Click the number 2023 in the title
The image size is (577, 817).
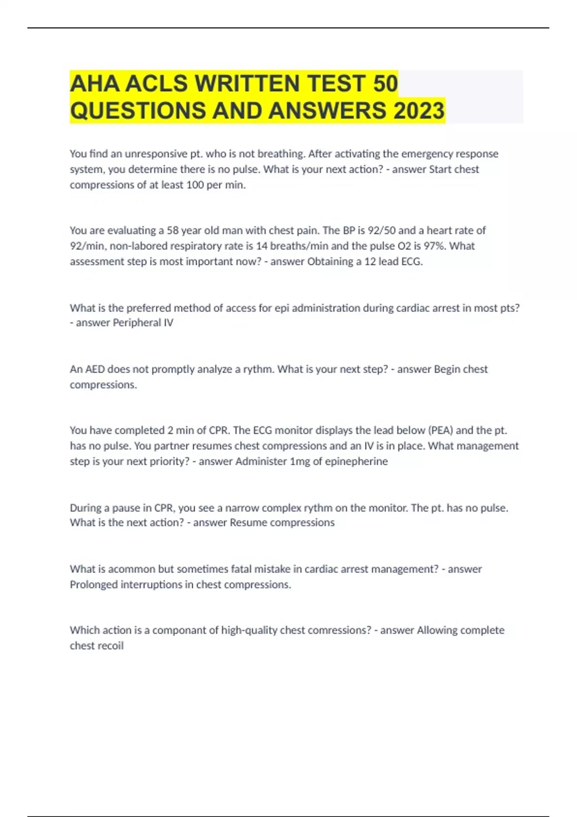[x=419, y=111]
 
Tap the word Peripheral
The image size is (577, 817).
[x=137, y=322]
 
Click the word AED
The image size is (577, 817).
[x=95, y=369]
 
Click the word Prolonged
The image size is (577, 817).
[x=93, y=584]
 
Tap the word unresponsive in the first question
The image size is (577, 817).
[x=156, y=154]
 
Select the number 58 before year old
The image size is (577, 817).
[x=173, y=231]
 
